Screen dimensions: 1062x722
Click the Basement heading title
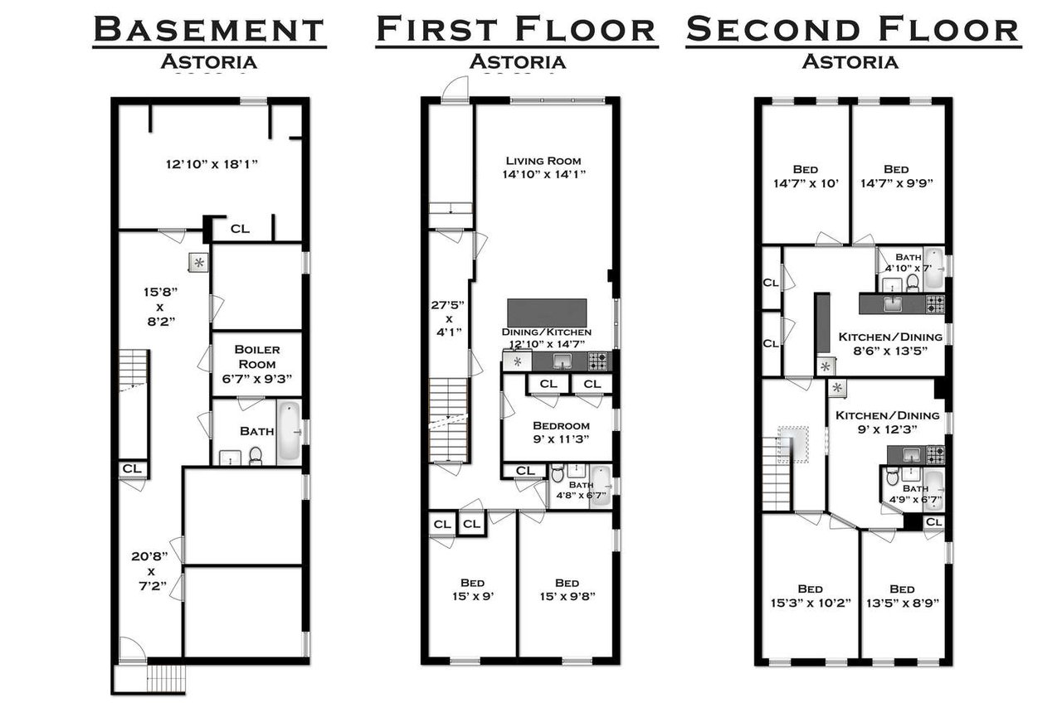(209, 29)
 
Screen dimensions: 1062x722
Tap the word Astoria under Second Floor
(850, 61)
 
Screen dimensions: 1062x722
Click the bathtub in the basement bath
(289, 432)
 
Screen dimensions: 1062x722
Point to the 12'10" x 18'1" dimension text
(212, 164)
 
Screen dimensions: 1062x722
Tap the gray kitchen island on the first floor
(547, 313)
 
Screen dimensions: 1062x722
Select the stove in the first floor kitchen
(598, 361)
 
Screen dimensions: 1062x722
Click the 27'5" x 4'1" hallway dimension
(448, 317)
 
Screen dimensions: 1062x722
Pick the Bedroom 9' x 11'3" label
(561, 432)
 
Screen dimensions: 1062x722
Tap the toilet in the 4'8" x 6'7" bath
(558, 473)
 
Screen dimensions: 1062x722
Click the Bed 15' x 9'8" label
(567, 589)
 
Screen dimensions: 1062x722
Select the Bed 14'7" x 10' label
(806, 177)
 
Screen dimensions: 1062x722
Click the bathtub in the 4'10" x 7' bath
(934, 268)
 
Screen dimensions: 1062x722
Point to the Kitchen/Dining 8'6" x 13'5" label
(890, 344)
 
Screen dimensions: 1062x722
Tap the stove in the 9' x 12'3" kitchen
(935, 455)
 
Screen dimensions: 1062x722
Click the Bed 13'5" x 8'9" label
(902, 595)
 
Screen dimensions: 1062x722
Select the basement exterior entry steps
(165, 679)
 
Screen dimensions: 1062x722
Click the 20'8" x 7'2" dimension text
(150, 571)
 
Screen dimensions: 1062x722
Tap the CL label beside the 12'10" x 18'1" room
(240, 229)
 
